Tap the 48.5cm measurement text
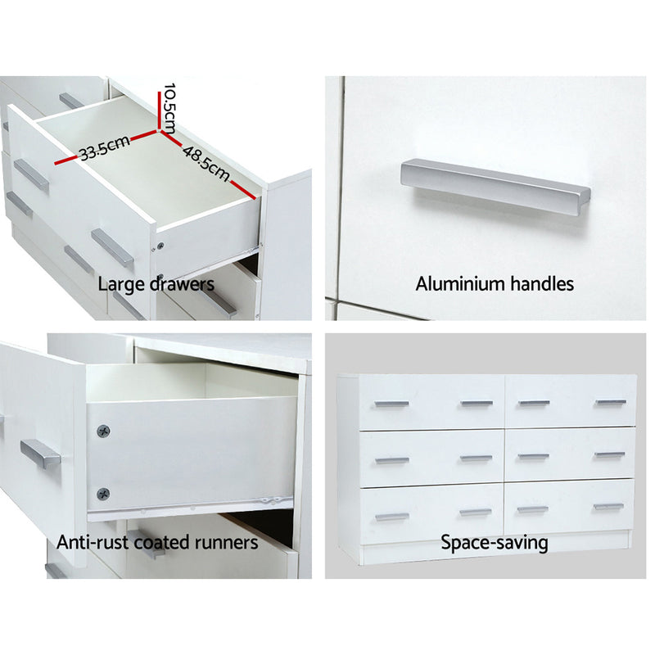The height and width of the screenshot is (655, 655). (204, 160)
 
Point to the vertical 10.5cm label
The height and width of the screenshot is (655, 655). (169, 107)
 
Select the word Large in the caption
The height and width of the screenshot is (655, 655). (116, 284)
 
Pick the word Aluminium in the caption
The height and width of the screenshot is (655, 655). (454, 284)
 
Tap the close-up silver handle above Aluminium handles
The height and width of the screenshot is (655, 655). (495, 184)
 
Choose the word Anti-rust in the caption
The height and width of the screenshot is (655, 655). (90, 542)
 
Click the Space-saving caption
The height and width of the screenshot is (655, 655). (495, 542)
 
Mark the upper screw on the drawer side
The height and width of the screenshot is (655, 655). (103, 431)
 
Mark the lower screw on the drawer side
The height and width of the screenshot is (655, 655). (103, 492)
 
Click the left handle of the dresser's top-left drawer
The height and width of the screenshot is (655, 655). (391, 404)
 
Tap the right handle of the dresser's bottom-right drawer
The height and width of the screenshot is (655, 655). (609, 507)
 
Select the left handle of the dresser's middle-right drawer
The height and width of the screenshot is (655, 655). (534, 456)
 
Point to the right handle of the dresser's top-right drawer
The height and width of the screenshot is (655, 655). (610, 403)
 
